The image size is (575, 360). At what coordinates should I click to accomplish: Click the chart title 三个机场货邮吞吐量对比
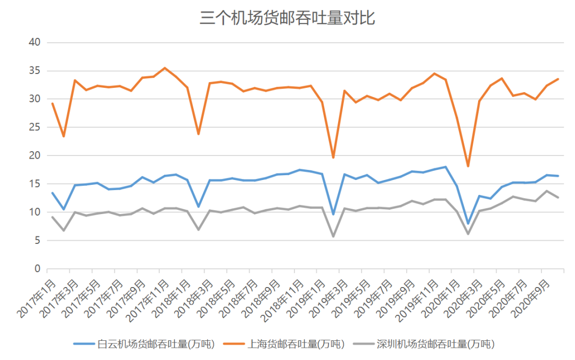click(287, 18)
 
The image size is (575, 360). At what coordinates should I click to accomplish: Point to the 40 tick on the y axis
click(35, 42)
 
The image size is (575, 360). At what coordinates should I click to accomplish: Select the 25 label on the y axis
click(35, 127)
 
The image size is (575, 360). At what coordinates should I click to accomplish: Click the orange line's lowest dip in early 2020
click(468, 166)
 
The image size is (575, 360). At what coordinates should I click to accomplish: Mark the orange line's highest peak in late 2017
click(165, 68)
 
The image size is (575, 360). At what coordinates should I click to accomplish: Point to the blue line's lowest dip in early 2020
click(468, 223)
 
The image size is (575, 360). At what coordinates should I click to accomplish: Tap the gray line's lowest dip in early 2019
click(333, 236)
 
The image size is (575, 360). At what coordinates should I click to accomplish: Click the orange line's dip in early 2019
click(333, 157)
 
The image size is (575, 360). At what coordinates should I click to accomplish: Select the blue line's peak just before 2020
click(446, 167)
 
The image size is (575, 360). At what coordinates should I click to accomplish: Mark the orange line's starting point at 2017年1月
click(52, 103)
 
